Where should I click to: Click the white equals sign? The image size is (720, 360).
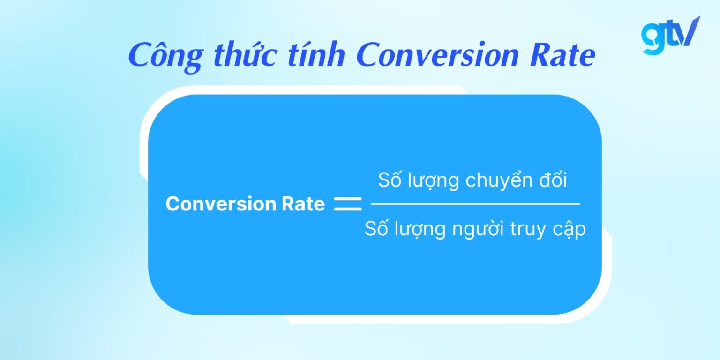coord(348,204)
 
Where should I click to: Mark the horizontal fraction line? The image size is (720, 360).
coord(475,204)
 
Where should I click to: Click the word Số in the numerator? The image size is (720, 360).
coord(389,180)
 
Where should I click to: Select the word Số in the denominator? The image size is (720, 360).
coord(375,229)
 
